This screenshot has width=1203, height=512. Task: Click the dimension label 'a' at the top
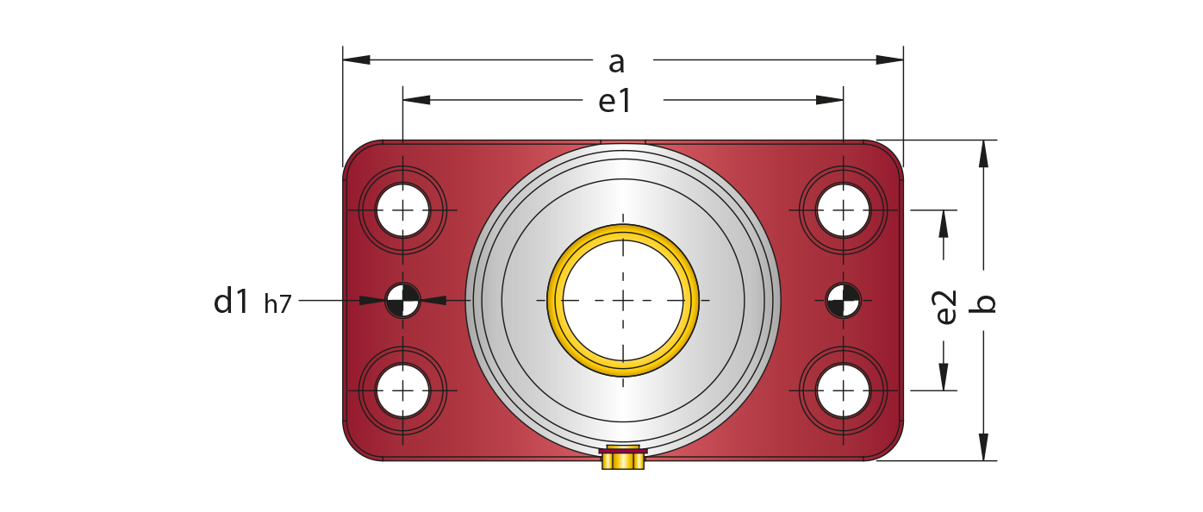(x=616, y=62)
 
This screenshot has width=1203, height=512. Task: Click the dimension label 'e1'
(x=615, y=103)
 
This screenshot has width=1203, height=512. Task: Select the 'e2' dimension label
(x=946, y=308)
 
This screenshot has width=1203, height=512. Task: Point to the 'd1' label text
(x=232, y=302)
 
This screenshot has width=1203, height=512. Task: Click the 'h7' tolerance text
(x=277, y=304)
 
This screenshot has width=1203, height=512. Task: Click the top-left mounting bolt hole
(x=402, y=210)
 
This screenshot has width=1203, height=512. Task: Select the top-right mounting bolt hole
(x=843, y=210)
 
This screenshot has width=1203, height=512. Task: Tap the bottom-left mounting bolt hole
(x=402, y=390)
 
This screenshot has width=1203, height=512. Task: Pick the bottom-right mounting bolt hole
(x=843, y=390)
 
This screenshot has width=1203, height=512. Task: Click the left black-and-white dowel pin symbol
(x=402, y=300)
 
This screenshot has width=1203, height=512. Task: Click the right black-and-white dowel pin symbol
(x=843, y=300)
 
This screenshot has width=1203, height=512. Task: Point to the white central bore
(x=622, y=300)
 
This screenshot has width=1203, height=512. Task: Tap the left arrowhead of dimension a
(x=356, y=59)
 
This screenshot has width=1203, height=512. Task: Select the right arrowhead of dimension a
(x=890, y=59)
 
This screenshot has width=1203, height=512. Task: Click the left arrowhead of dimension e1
(x=416, y=100)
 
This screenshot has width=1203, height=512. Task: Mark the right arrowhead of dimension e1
(x=830, y=100)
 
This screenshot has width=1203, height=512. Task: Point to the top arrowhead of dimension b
(x=982, y=153)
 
